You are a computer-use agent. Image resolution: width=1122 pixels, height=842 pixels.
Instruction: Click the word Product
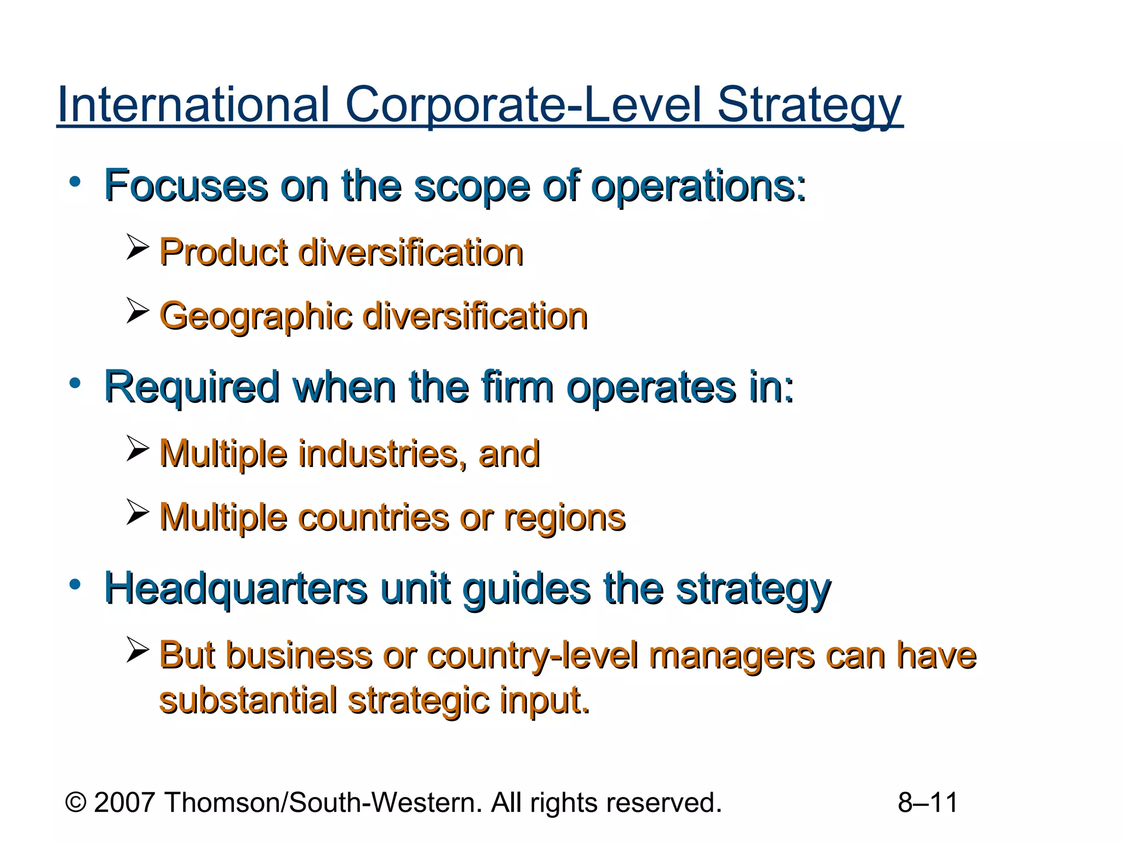224,253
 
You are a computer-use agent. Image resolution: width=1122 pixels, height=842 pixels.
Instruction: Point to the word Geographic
255,317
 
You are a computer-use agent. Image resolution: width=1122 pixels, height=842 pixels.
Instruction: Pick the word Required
192,388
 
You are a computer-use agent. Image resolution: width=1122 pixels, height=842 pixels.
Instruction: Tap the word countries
374,517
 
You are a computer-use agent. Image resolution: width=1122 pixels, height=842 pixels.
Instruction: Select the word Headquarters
236,589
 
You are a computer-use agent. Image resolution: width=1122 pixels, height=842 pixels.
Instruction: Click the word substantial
248,701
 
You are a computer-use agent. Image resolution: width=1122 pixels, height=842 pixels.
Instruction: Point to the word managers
731,656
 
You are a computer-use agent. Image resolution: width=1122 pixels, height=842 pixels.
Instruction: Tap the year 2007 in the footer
124,803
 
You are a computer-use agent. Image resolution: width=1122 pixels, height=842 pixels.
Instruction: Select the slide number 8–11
928,803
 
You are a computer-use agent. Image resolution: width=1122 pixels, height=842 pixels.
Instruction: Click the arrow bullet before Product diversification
137,247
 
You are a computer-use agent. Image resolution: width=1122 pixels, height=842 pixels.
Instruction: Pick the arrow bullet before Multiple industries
137,448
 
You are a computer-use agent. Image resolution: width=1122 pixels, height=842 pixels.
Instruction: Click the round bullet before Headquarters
76,584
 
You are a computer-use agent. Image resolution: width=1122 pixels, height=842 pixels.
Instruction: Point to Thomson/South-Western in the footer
323,803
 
